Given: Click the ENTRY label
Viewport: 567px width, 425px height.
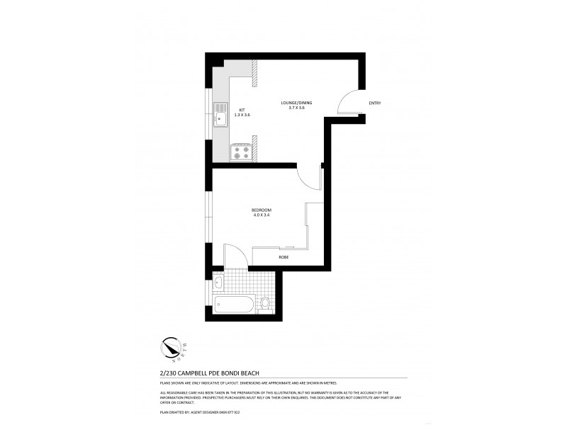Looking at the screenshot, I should (x=375, y=103).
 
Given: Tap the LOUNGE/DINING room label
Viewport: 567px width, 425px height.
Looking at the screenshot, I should (x=296, y=103).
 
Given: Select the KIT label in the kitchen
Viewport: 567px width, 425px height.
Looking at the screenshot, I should (x=242, y=110).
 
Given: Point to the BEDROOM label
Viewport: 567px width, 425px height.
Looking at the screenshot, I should (x=262, y=210).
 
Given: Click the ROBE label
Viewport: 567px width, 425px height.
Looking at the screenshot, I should (x=283, y=257).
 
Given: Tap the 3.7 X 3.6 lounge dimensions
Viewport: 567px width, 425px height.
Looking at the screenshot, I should (x=296, y=108).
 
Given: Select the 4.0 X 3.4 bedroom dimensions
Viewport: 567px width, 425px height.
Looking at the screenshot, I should (x=262, y=215).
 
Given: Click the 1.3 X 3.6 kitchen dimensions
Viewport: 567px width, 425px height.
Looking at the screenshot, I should (x=242, y=115).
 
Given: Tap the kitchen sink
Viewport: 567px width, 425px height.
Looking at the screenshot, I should (x=220, y=115).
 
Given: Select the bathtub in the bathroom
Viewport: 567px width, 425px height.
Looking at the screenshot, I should (x=234, y=306).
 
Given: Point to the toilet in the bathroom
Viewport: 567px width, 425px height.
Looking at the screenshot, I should (x=266, y=303).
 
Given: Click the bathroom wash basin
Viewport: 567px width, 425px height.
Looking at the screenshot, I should (x=218, y=283).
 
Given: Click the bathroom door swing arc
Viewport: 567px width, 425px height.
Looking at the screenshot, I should (x=235, y=254).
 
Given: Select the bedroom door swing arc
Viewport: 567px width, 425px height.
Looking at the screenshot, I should (x=309, y=177).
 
